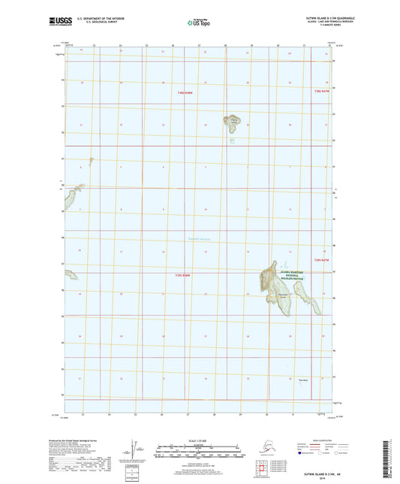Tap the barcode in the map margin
392,458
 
